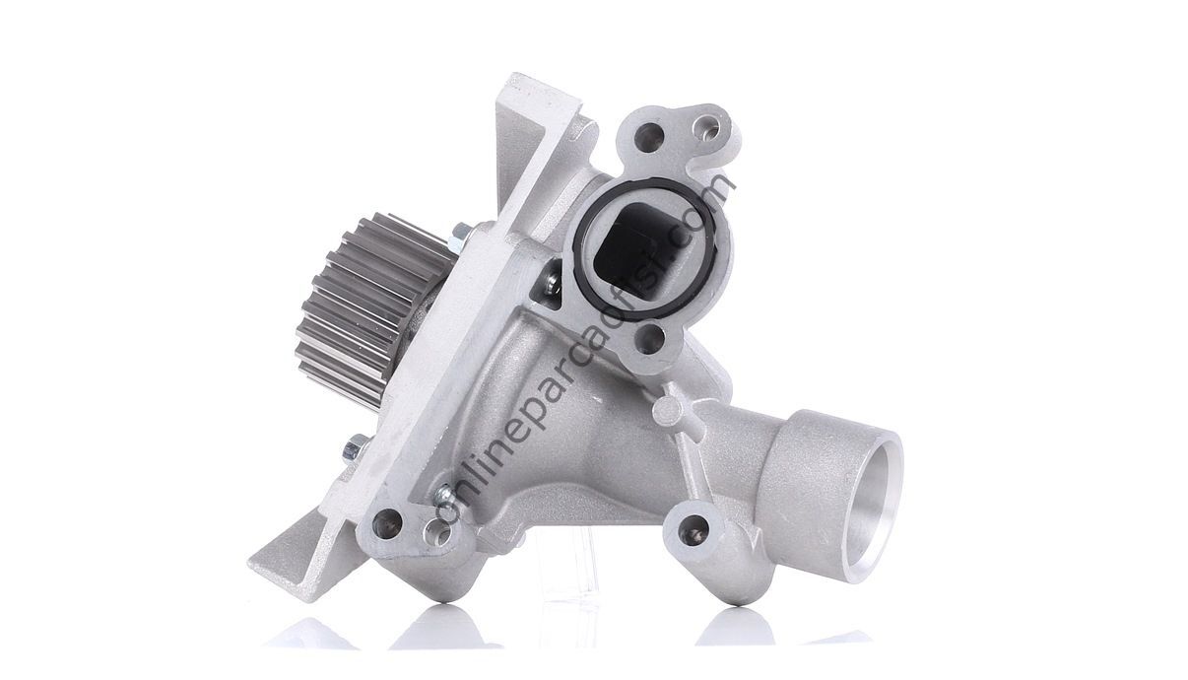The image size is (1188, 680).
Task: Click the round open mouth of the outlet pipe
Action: (x=873, y=510)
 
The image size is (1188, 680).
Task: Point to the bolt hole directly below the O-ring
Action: (x=649, y=339)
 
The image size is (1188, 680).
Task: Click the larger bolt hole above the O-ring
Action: (x=648, y=137)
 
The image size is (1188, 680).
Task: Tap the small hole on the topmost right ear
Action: (x=706, y=127)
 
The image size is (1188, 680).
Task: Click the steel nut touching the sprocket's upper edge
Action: (x=459, y=238)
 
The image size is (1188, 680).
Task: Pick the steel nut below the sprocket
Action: (x=356, y=447)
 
